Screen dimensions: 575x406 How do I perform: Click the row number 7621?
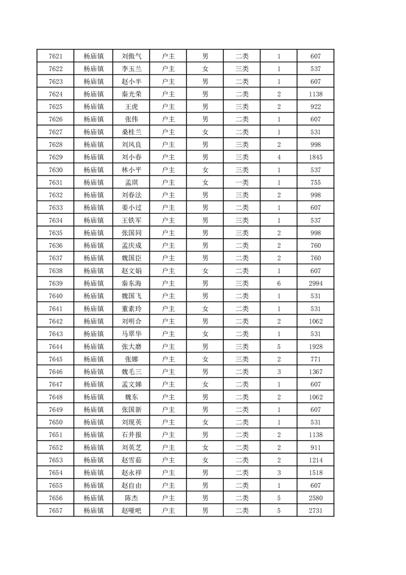[x=55, y=56]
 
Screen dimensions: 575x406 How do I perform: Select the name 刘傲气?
[x=132, y=56]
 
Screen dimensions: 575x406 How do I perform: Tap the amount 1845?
[x=315, y=157]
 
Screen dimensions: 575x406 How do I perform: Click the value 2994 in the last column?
[x=315, y=283]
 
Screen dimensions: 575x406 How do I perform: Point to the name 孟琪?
[x=132, y=182]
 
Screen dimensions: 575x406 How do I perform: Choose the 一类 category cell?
[x=242, y=182]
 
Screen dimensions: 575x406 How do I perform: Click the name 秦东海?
[x=132, y=283]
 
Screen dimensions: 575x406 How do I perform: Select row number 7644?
[x=55, y=346]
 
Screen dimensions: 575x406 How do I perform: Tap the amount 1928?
[x=315, y=346]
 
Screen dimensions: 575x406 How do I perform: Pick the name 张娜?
[x=132, y=359]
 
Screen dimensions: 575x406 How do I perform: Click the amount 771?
[x=315, y=359]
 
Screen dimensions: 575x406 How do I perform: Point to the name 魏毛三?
[x=132, y=372]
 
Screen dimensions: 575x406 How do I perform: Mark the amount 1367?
[x=315, y=372]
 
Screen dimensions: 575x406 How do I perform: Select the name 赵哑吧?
[x=132, y=510]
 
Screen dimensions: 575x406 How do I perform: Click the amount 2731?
[x=315, y=510]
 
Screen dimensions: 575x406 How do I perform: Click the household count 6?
[x=279, y=283]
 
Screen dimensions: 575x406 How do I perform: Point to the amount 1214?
[x=315, y=460]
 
